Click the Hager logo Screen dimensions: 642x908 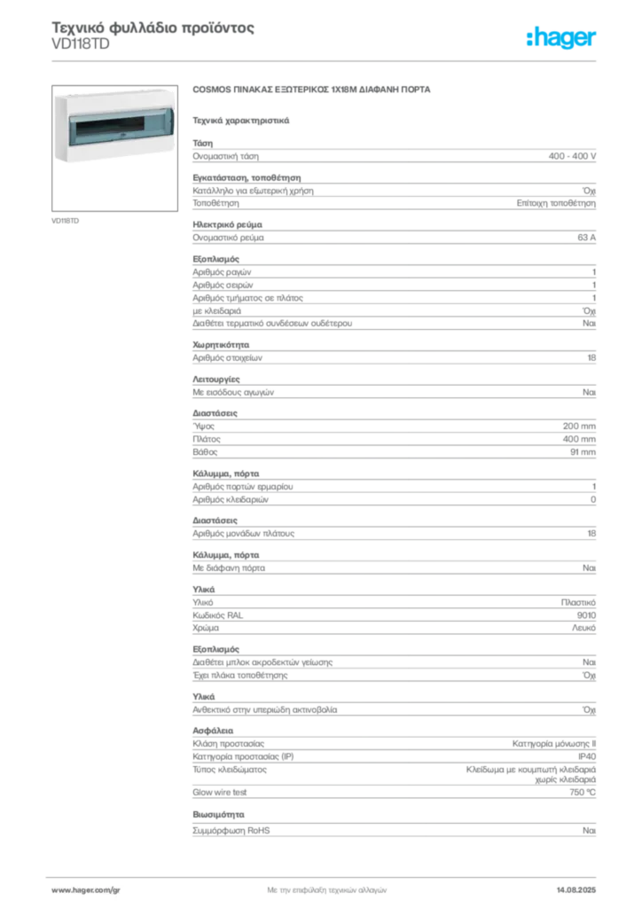(x=560, y=37)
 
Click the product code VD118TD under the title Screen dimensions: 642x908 (x=81, y=44)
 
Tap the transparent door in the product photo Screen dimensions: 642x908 (x=121, y=127)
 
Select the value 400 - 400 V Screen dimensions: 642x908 (x=572, y=156)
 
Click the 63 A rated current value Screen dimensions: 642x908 (x=586, y=238)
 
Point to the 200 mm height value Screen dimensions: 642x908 (x=579, y=427)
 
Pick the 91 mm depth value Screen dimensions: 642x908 (x=583, y=451)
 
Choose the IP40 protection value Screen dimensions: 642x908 (x=586, y=756)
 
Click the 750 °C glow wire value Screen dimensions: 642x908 (x=583, y=792)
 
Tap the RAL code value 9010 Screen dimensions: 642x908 (x=586, y=615)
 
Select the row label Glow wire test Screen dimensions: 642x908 (x=219, y=792)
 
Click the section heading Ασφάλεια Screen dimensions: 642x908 (x=213, y=731)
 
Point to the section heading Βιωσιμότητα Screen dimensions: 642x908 (x=218, y=815)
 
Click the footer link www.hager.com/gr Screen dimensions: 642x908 (x=86, y=890)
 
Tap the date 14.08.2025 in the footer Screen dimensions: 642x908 (x=576, y=890)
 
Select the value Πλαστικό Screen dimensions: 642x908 (x=578, y=602)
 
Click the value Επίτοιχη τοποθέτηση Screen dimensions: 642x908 (x=556, y=203)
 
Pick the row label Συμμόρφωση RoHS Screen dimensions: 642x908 (x=231, y=830)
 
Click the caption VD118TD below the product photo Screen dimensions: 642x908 (x=65, y=221)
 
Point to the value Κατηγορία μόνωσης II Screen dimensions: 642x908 (x=554, y=744)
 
